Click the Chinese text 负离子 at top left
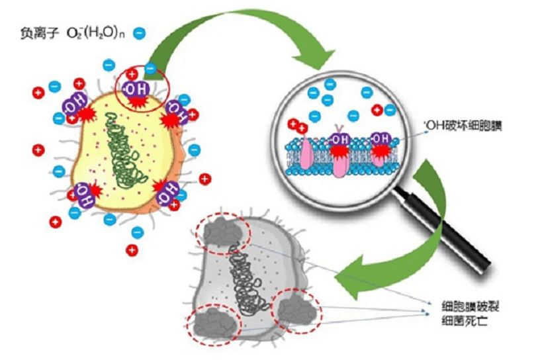[x=38, y=34]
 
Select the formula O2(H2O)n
[x=95, y=34]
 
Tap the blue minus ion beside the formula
[x=139, y=33]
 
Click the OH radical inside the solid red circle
[x=136, y=89]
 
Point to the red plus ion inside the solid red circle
[x=132, y=74]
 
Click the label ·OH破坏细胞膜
[x=463, y=126]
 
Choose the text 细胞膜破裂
[x=470, y=306]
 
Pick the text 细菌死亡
[x=465, y=321]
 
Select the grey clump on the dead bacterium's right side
[x=297, y=310]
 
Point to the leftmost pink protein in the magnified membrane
[x=306, y=154]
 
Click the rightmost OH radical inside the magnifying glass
[x=381, y=139]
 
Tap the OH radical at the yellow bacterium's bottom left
[x=84, y=195]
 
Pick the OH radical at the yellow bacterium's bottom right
[x=168, y=193]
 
